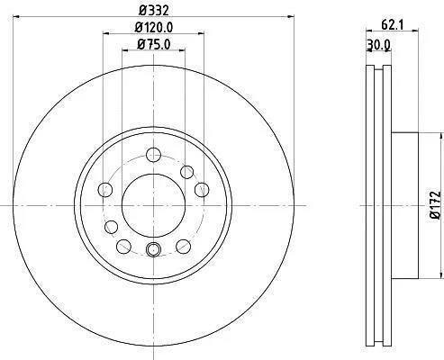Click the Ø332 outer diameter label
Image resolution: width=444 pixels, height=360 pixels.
(154, 11)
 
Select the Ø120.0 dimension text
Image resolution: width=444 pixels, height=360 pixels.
(154, 28)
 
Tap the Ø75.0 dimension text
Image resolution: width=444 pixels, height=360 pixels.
(154, 45)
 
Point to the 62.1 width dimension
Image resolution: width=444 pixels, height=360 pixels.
(392, 25)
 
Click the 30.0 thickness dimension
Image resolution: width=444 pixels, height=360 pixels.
(379, 45)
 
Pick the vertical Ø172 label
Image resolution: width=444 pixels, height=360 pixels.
(435, 205)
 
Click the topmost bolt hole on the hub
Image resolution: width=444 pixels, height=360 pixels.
(153, 155)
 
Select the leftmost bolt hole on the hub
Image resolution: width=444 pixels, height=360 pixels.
(105, 190)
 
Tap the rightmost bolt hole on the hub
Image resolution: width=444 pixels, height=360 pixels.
(202, 190)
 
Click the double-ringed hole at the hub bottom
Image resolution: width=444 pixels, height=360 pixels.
(153, 249)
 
